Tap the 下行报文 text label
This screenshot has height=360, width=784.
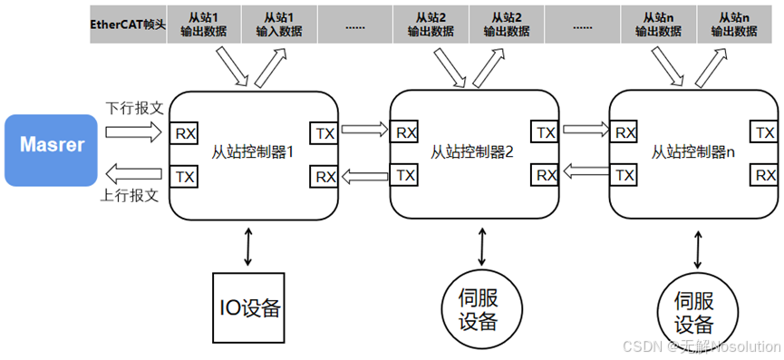coord(135,107)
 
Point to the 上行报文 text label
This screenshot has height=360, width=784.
coord(135,194)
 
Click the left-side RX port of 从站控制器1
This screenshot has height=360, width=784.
coord(185,132)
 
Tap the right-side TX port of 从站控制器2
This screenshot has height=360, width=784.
coord(545,132)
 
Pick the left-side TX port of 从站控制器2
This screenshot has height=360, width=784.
coord(406,174)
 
